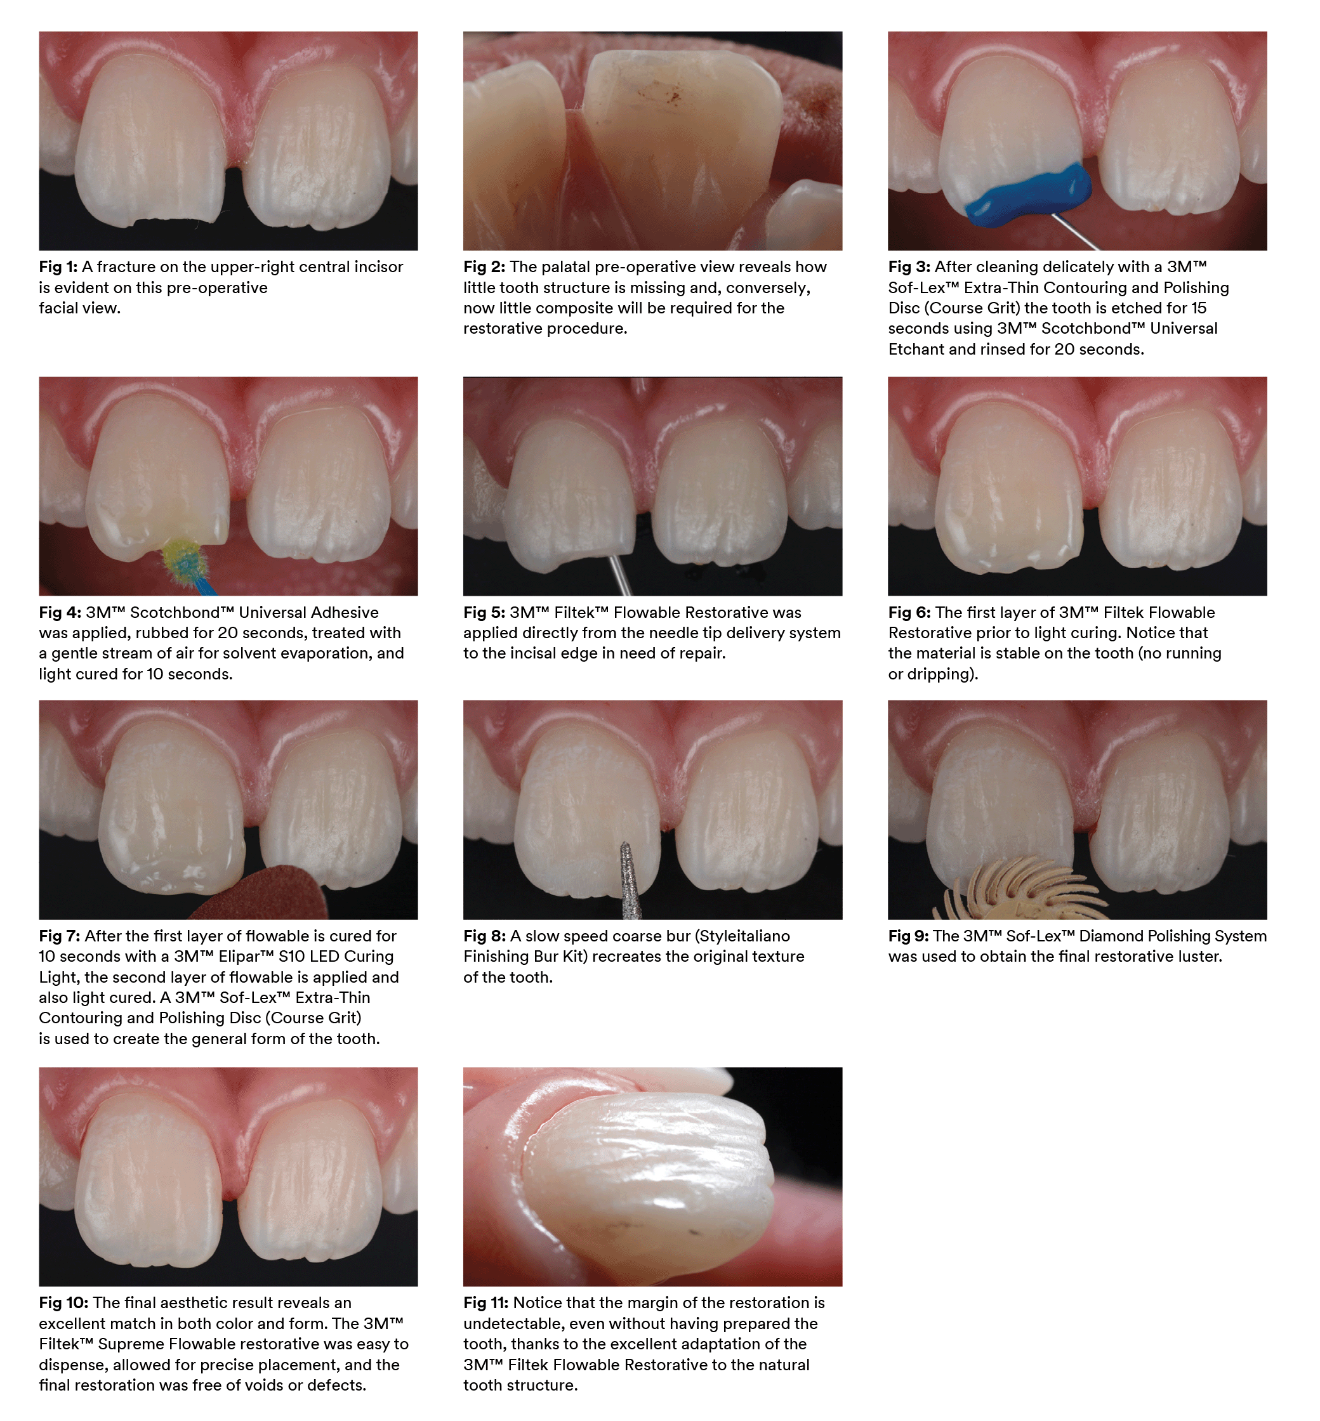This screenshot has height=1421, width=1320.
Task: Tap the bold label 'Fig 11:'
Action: point(485,1303)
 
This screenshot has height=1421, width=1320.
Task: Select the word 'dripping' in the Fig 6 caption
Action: point(940,674)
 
